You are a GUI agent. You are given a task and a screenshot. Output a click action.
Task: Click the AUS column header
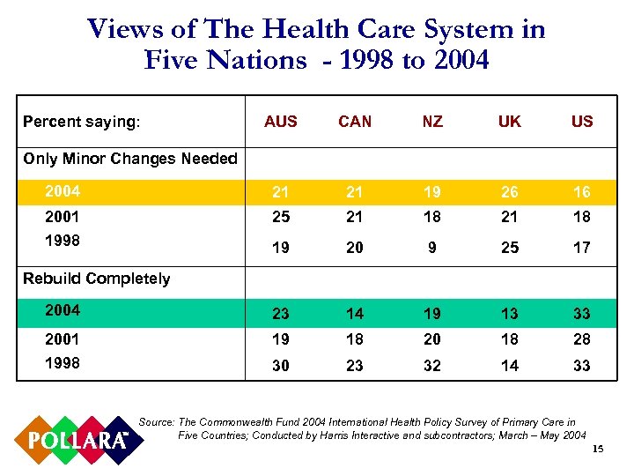[281, 122]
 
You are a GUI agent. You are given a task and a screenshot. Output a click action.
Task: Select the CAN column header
[355, 122]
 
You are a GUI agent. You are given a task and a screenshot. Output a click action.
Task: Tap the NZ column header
[432, 122]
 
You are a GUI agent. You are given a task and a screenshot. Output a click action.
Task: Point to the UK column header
[509, 122]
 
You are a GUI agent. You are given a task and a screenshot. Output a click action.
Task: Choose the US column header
[582, 122]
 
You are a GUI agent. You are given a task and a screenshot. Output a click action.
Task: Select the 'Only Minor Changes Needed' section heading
[130, 159]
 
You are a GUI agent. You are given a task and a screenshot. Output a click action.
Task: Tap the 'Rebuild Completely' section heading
[97, 279]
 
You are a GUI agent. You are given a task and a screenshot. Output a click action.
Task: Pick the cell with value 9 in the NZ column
[432, 249]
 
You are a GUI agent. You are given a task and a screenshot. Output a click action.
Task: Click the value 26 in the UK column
[509, 192]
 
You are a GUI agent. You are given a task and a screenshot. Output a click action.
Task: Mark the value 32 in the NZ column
[432, 366]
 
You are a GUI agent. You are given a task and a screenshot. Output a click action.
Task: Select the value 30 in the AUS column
[281, 366]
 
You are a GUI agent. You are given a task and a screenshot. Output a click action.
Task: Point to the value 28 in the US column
[582, 339]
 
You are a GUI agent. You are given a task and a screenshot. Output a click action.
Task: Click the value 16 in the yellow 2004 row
[582, 192]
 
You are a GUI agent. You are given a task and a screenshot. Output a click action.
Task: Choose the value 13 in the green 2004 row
[509, 313]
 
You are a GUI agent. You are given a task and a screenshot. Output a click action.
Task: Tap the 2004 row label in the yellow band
[63, 191]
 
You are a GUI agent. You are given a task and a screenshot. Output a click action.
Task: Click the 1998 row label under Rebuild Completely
[63, 362]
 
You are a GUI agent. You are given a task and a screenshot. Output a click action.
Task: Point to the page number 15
[598, 451]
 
